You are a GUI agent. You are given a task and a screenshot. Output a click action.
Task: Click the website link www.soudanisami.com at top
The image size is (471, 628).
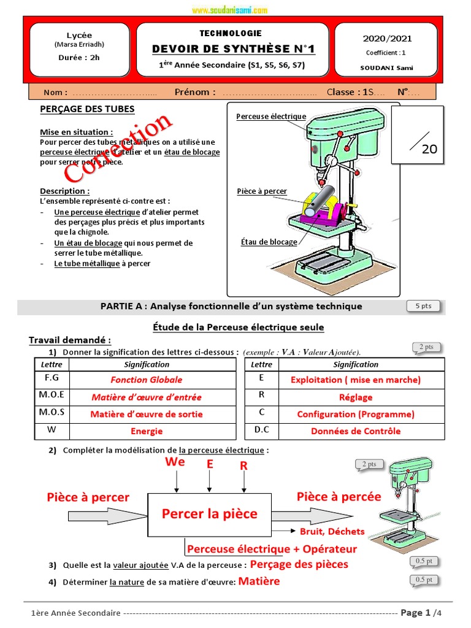pos(229,10)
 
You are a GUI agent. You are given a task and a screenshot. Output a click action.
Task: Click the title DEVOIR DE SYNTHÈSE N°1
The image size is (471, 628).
pos(229,49)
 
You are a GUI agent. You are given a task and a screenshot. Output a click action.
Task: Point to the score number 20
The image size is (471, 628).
pos(429,148)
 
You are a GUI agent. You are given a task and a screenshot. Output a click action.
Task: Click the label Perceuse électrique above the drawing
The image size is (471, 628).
pos(271,117)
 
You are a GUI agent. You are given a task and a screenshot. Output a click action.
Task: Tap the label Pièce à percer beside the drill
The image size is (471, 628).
pos(262,191)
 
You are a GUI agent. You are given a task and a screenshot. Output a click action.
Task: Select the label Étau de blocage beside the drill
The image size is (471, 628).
pos(269,242)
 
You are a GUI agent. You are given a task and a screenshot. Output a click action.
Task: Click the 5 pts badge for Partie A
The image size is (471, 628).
pos(423,306)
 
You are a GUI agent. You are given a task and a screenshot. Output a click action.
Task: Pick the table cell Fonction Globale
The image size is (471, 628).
pos(147,380)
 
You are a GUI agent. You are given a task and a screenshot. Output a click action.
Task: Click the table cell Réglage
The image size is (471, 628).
pos(356,397)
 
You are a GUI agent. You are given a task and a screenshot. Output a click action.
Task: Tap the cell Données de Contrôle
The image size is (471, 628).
pos(356,431)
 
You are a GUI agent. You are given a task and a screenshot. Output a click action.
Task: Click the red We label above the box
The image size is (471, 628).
pos(175,462)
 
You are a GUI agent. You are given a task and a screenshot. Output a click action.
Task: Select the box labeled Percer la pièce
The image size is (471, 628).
pos(209,514)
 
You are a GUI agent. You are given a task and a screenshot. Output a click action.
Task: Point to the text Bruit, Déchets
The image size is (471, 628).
pos(332,531)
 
